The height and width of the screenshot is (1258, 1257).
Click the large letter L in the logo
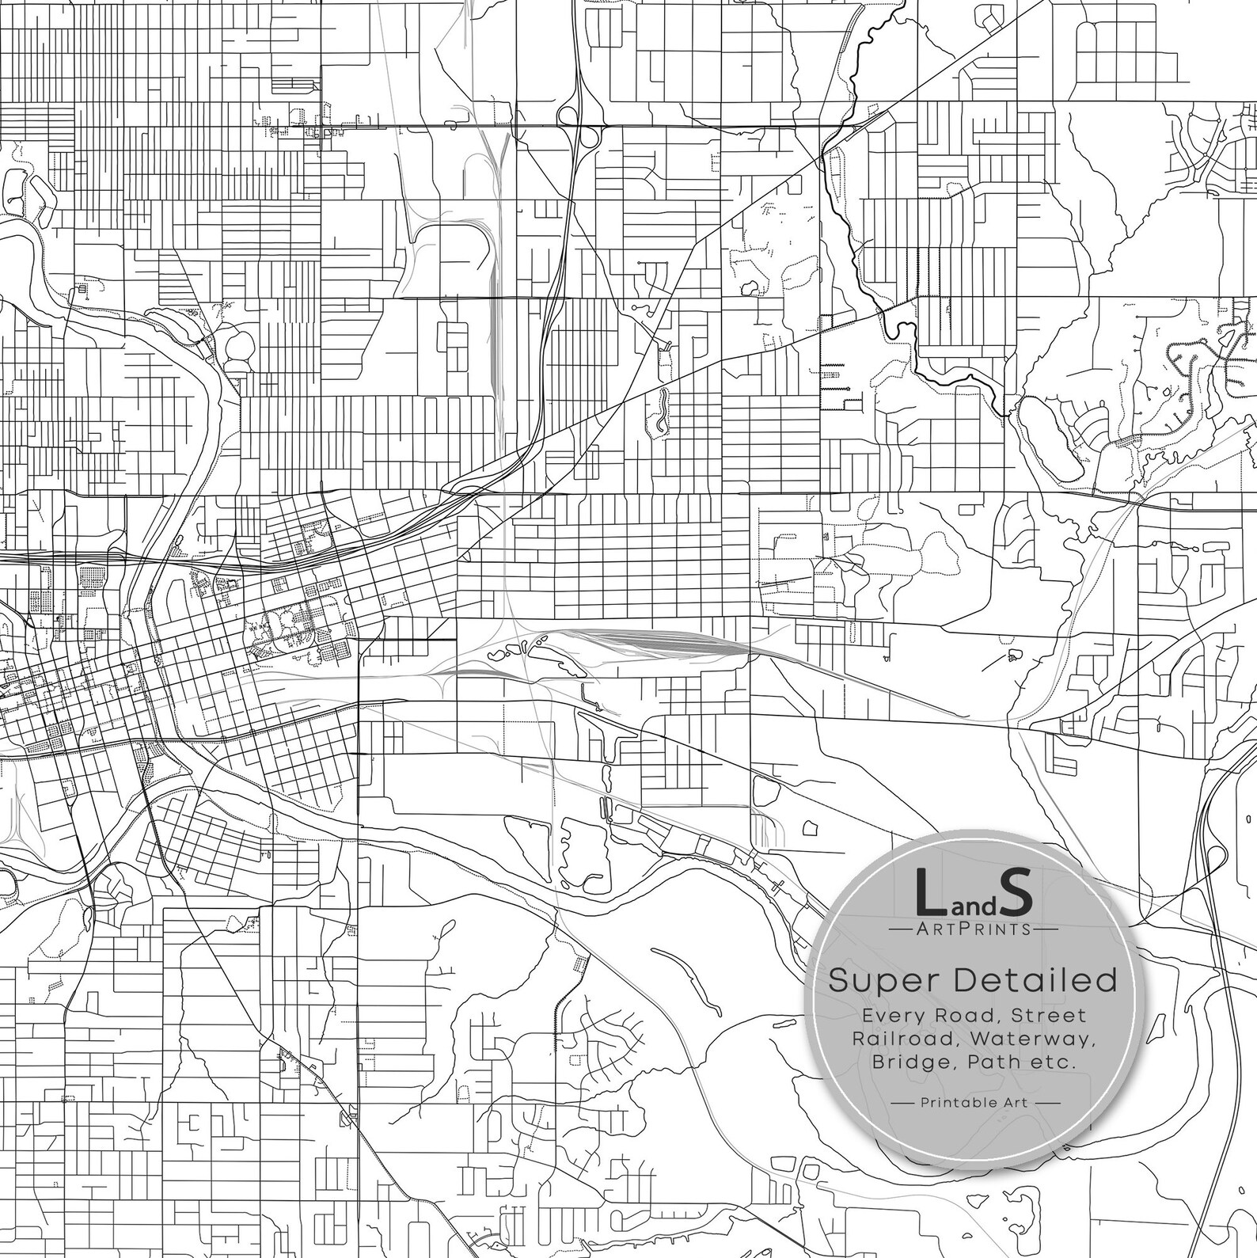coord(929,892)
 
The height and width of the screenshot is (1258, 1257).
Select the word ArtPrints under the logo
coord(973,928)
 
